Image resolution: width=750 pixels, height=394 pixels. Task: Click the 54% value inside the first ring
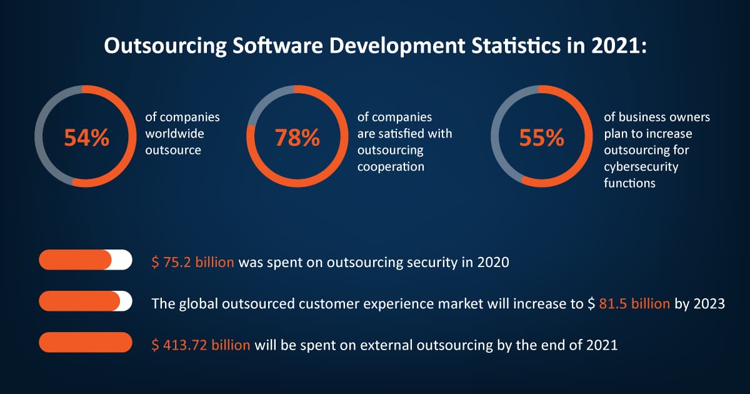point(87,138)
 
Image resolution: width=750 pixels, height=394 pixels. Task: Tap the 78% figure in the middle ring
point(297,138)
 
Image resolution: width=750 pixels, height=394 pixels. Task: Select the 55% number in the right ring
point(542,138)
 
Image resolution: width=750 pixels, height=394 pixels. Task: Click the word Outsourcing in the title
point(166,46)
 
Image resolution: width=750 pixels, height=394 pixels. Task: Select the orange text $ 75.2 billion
point(192,262)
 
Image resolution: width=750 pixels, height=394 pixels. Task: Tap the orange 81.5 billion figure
point(634,303)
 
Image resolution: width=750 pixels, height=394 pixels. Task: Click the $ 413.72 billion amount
point(201,345)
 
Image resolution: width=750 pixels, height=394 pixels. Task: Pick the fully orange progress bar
point(86,342)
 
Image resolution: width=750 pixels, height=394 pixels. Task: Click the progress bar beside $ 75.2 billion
point(86,260)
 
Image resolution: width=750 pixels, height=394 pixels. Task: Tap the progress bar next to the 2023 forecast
point(86,301)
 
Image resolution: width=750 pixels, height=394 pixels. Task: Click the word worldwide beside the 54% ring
point(174,134)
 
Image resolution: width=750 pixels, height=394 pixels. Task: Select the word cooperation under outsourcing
point(391,167)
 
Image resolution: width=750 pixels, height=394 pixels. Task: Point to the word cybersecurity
point(641,167)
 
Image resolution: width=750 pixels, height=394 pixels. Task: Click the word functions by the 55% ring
point(629,183)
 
